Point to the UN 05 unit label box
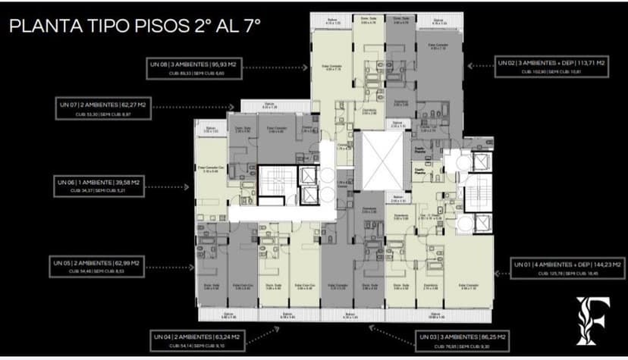97,265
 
